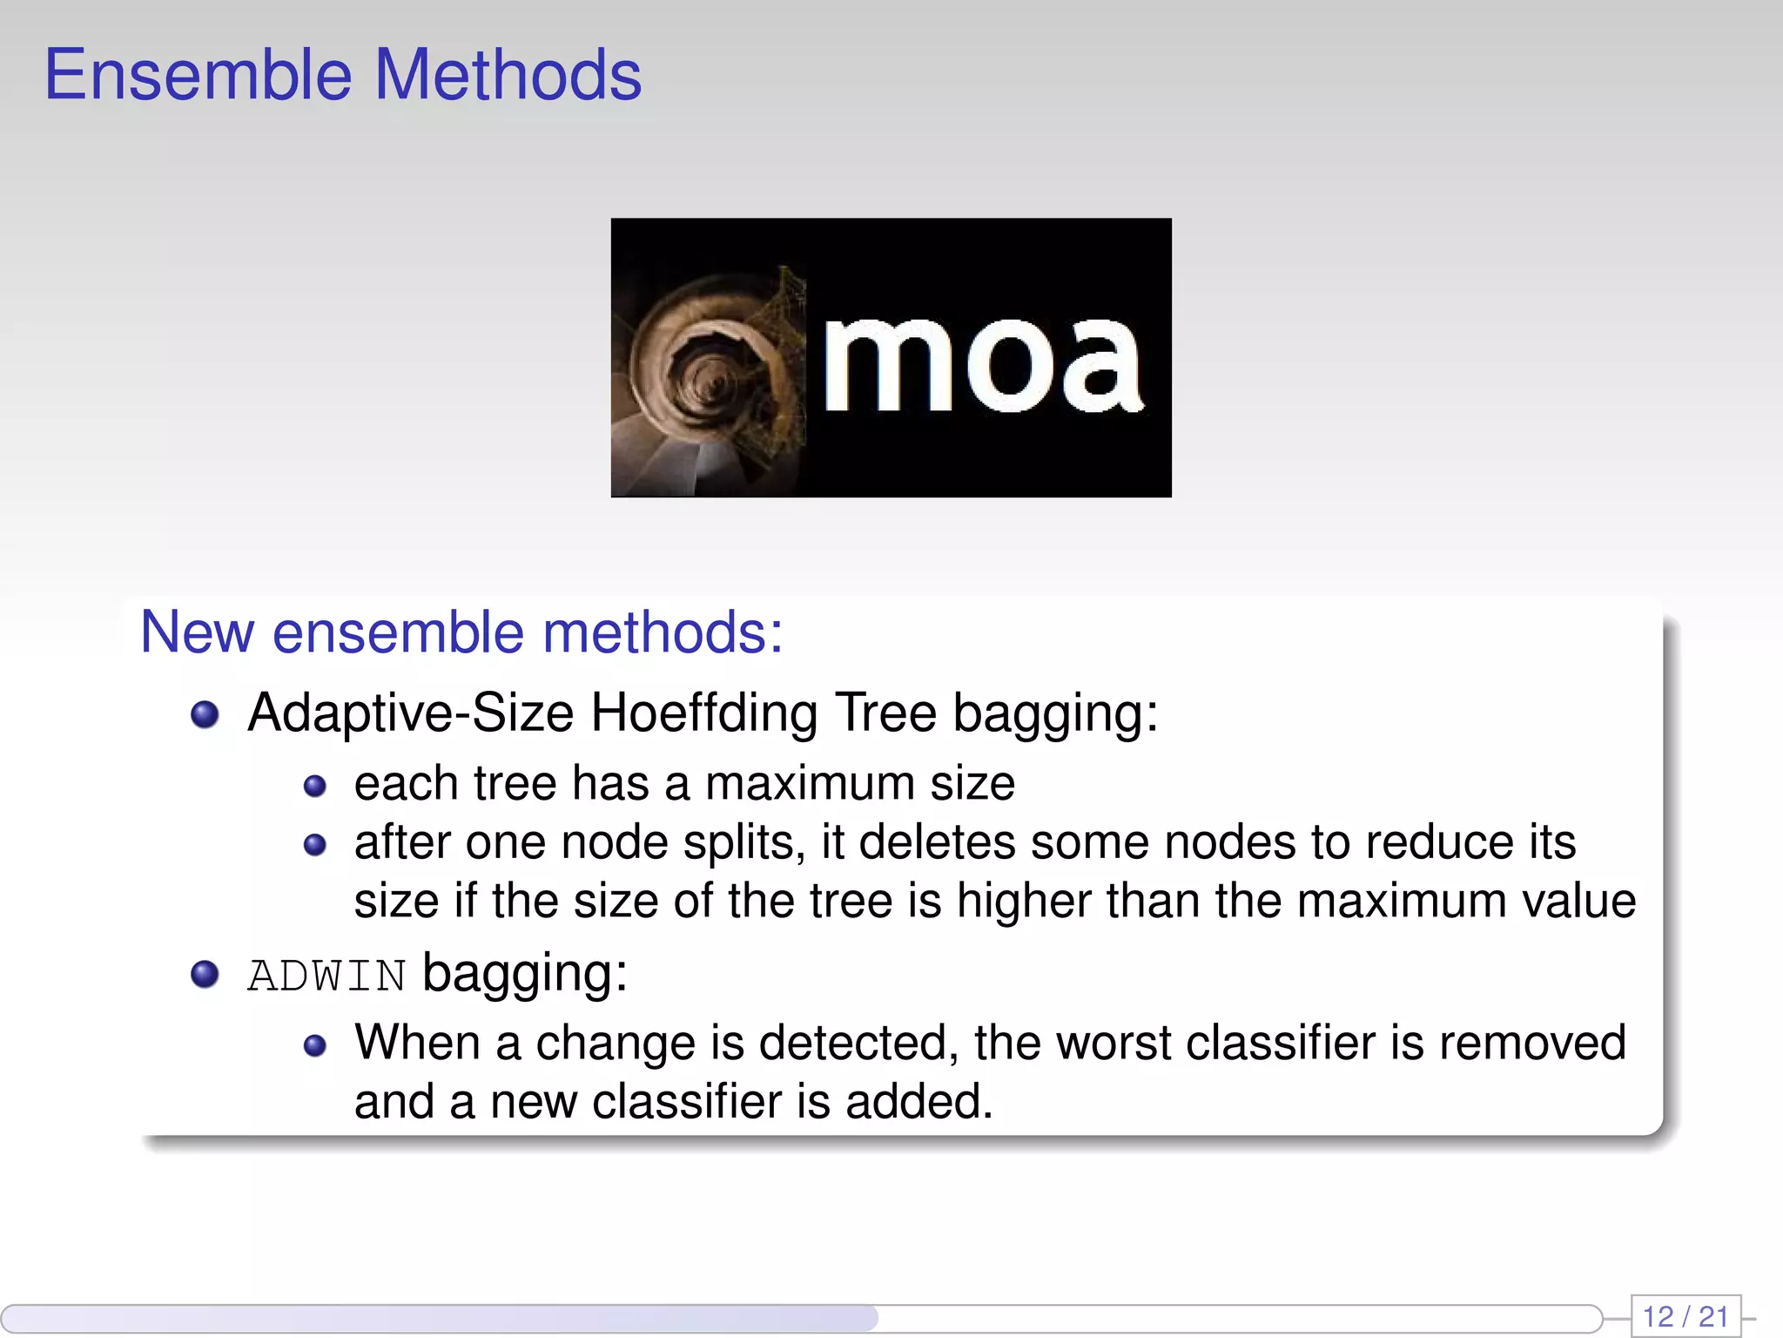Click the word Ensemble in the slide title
tap(198, 76)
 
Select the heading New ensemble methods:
tap(461, 632)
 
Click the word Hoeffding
tap(703, 713)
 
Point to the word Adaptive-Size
tap(410, 713)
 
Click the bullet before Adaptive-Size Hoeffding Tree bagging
tap(205, 714)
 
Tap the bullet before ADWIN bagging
tap(205, 974)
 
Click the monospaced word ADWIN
tap(326, 976)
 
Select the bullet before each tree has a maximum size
tap(315, 787)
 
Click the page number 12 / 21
tap(1685, 1316)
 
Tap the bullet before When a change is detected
tap(315, 1045)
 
